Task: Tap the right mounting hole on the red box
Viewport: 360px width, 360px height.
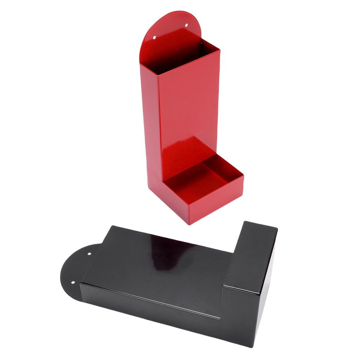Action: pos(187,25)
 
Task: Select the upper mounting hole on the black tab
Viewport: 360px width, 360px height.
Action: pos(89,253)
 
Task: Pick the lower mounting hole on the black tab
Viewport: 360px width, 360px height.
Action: pos(73,282)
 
